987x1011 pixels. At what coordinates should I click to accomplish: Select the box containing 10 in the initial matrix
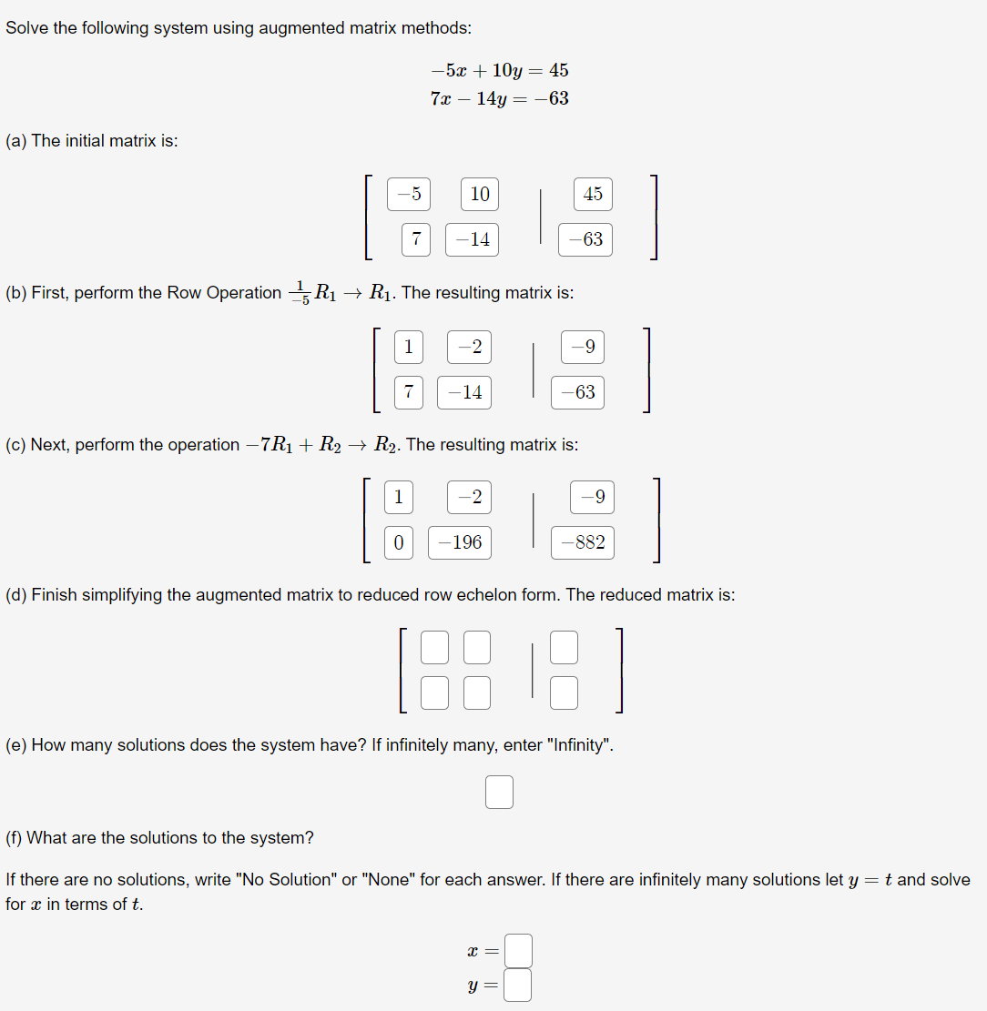[x=479, y=194]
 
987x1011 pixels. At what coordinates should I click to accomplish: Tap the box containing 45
[x=593, y=194]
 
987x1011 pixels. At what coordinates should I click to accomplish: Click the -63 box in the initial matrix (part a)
[x=585, y=239]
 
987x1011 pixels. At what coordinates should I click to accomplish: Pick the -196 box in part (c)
[x=460, y=542]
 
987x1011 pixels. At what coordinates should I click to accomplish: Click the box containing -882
[x=583, y=542]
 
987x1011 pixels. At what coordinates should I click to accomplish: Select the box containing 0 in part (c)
[x=398, y=542]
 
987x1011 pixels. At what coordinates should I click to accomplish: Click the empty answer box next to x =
[x=518, y=951]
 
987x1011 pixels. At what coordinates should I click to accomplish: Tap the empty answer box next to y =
[x=518, y=985]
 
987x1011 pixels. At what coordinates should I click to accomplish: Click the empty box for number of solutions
[x=499, y=792]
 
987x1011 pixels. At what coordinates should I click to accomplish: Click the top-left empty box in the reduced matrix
[x=435, y=647]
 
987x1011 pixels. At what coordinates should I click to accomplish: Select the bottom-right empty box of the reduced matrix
[x=565, y=693]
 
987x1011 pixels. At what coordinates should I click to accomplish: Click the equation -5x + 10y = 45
[x=499, y=70]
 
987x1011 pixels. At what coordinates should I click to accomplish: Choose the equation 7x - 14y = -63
[x=499, y=98]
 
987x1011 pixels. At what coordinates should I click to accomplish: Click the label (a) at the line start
[x=15, y=141]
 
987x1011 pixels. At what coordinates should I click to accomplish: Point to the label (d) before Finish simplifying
[x=15, y=595]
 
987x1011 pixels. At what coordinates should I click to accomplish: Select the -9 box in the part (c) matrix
[x=593, y=497]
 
